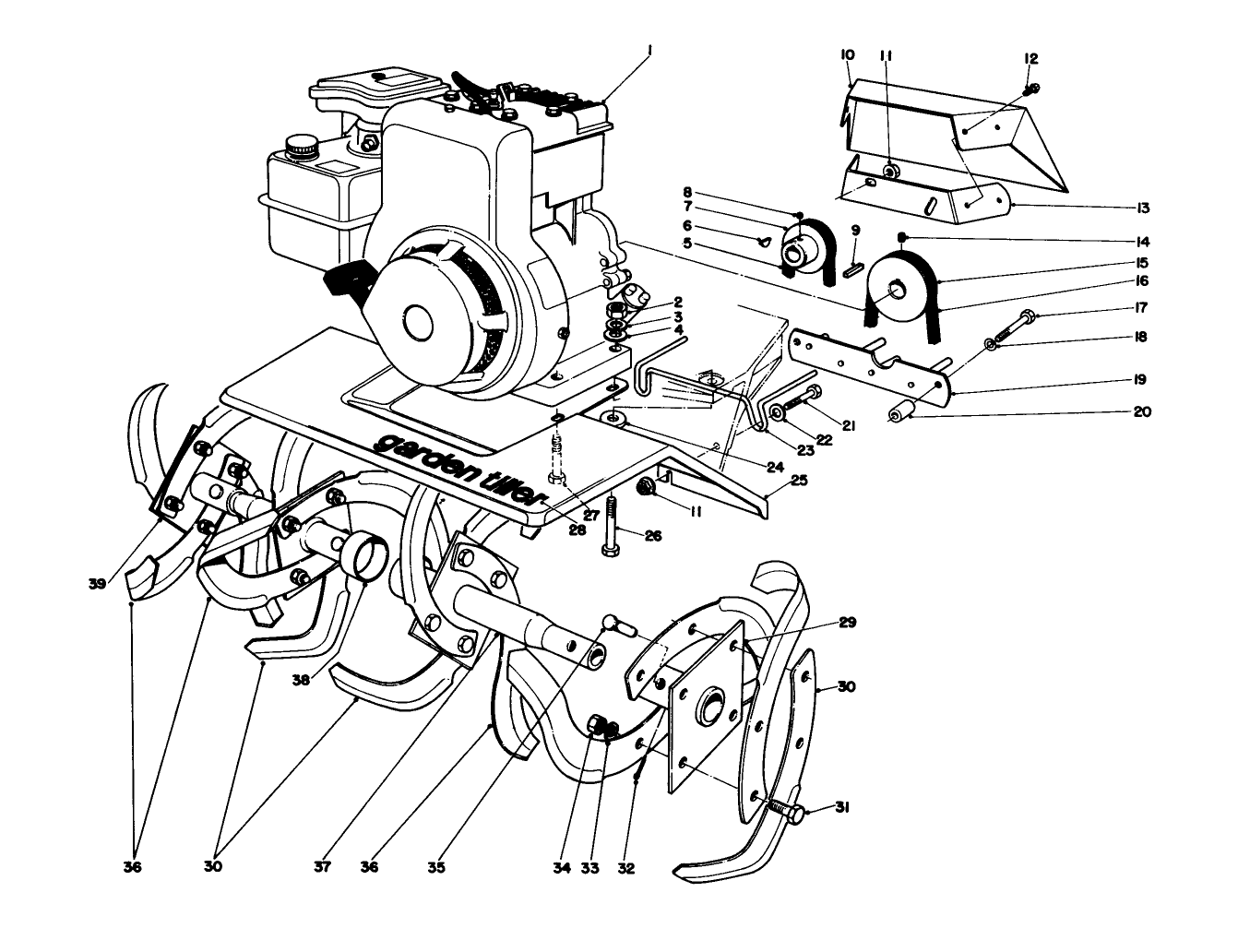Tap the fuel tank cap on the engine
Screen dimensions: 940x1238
(x=299, y=145)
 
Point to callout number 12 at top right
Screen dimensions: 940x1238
(x=1030, y=59)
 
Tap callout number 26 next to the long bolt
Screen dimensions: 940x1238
(x=653, y=534)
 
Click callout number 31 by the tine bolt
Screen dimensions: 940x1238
(x=840, y=808)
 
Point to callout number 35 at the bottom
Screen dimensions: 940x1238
(x=435, y=868)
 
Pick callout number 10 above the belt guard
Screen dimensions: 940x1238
(x=846, y=56)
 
